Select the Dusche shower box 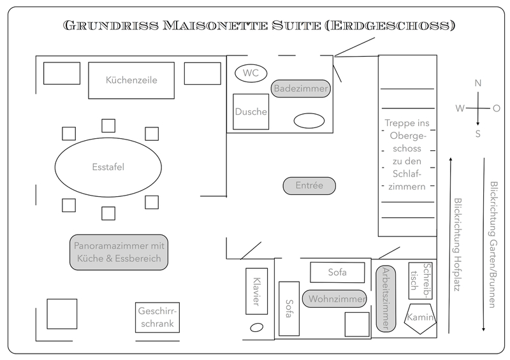click(x=251, y=112)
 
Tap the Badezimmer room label click(x=300, y=89)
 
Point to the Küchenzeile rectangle click(x=131, y=80)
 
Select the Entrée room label click(x=309, y=185)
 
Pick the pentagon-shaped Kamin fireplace click(x=420, y=317)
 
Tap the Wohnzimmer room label click(x=336, y=299)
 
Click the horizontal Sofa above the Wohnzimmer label click(x=337, y=272)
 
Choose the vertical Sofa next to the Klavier click(x=289, y=309)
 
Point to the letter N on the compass click(x=478, y=83)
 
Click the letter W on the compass click(x=459, y=108)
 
